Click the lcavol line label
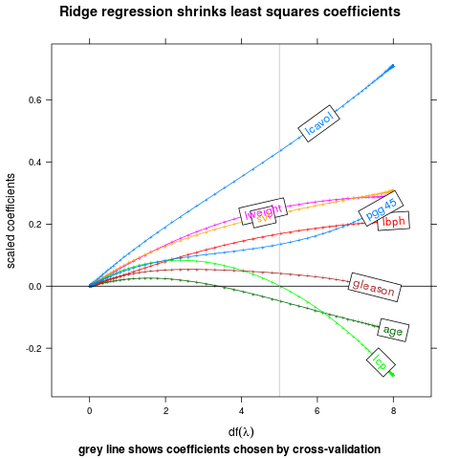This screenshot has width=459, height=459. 318,123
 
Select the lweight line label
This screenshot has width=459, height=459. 263,210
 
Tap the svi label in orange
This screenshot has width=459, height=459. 264,218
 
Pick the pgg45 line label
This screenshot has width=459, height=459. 381,208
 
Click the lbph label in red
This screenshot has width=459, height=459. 392,221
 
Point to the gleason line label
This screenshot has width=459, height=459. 374,286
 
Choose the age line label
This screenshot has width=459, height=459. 393,330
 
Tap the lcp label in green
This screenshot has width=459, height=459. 381,361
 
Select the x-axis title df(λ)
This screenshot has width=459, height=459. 241,431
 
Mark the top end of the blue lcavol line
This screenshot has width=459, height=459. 393,66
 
